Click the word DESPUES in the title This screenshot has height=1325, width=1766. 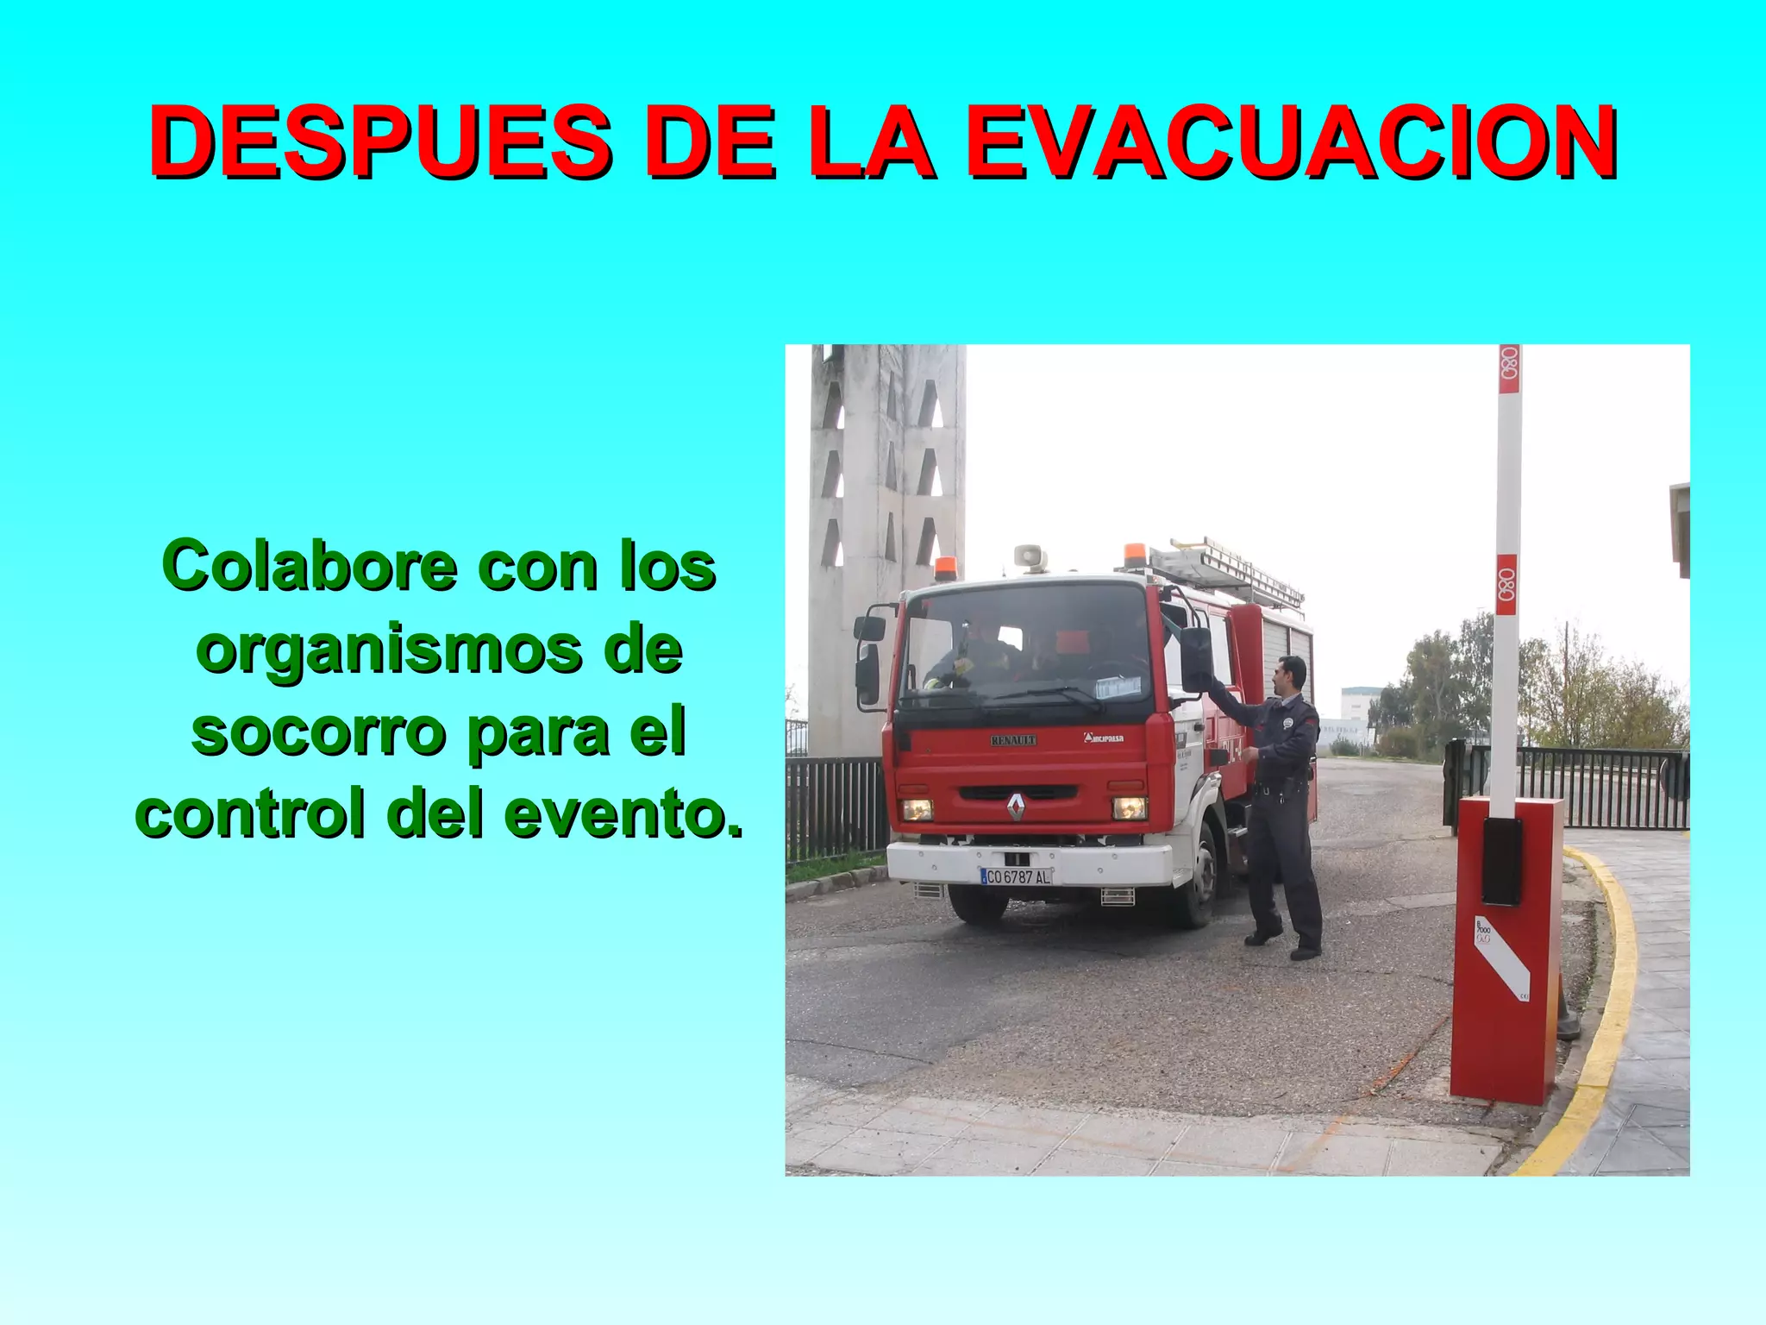click(379, 141)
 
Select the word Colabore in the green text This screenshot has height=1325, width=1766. click(310, 566)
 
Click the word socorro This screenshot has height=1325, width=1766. click(317, 732)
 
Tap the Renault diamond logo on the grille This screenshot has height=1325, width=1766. click(1016, 807)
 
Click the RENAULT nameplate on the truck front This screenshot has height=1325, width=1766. click(1013, 740)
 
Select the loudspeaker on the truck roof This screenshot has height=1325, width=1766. click(1030, 557)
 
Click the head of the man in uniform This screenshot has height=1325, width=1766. click(1291, 673)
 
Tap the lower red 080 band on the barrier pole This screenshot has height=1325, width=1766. click(1506, 585)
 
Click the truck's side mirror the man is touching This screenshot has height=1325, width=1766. click(1196, 660)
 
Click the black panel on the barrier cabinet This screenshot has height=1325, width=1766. click(1502, 861)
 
